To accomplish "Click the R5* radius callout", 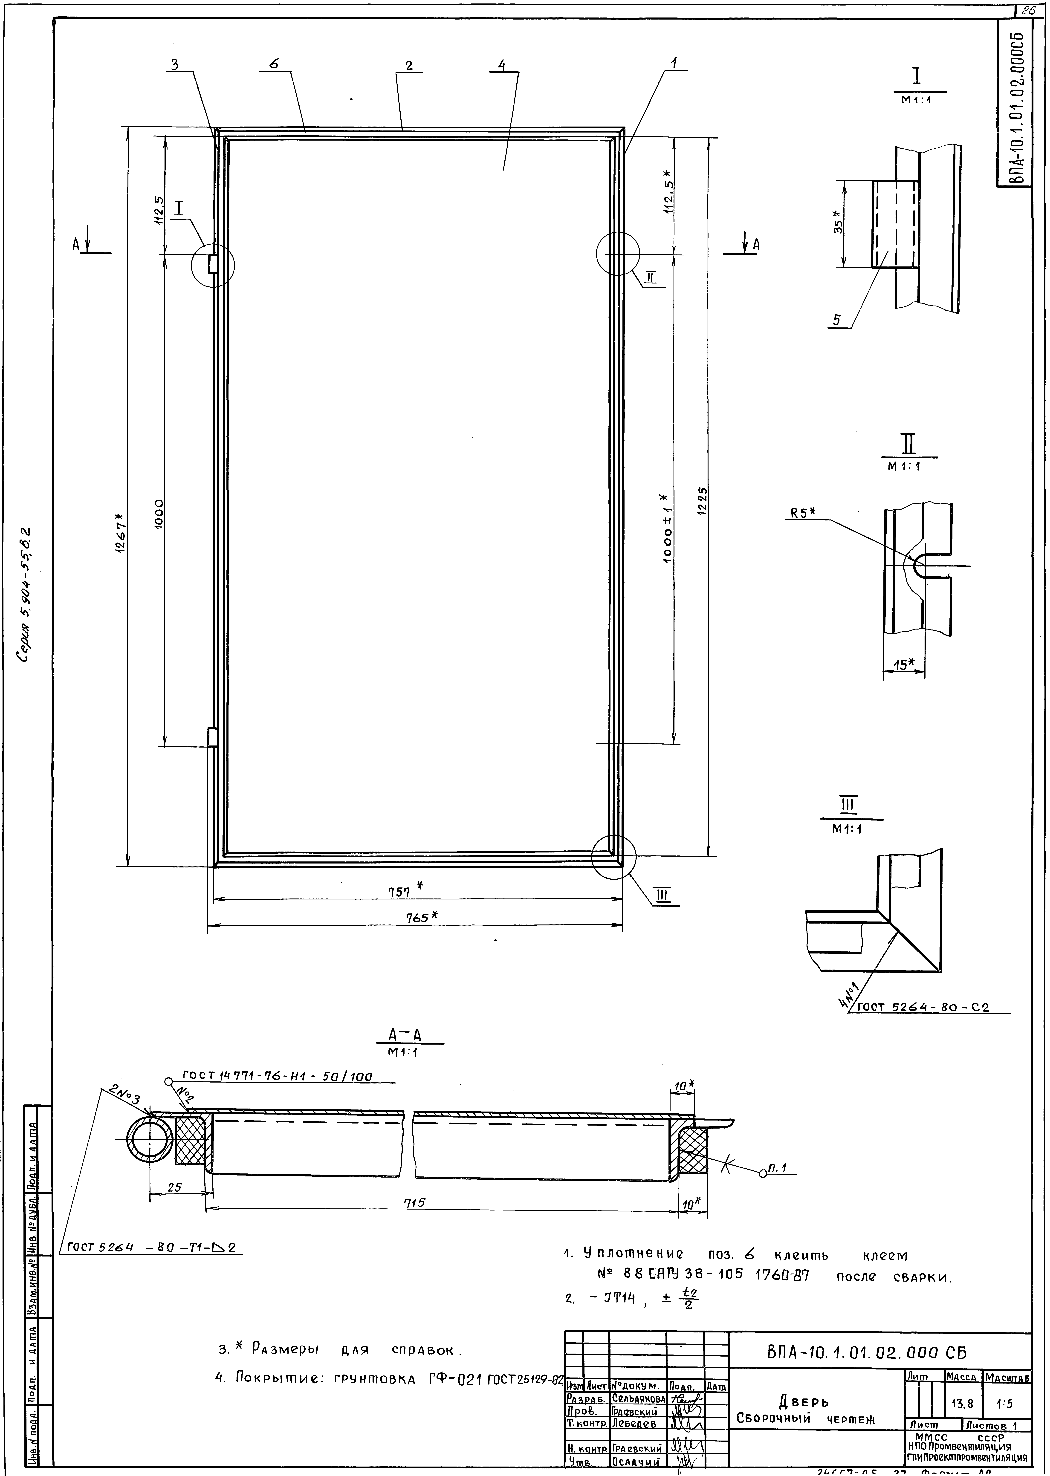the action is pyautogui.click(x=802, y=513).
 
